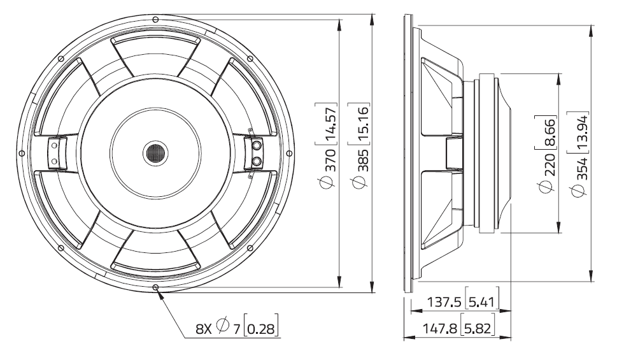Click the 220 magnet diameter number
546,163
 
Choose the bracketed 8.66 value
546,130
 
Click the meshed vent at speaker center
155,153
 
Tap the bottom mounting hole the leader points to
155,288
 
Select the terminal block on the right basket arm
255,153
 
